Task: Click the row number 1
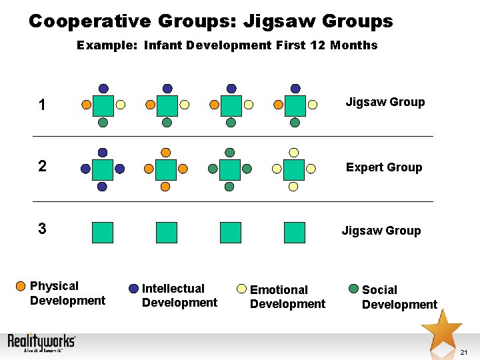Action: (42, 105)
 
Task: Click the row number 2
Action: (42, 166)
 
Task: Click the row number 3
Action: (42, 229)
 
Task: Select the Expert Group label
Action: (383, 167)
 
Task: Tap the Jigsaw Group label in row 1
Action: (385, 102)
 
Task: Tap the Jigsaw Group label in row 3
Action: (381, 231)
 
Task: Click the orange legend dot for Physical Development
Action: (22, 287)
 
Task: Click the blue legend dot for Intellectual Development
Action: (134, 289)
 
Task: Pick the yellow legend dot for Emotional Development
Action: (242, 290)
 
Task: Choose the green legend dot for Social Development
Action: (354, 289)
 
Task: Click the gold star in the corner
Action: (441, 328)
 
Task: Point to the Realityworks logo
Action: (41, 343)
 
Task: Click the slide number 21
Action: (464, 351)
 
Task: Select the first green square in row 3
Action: (103, 232)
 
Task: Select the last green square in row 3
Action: (294, 232)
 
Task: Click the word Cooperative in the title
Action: (90, 21)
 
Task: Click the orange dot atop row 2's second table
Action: (166, 153)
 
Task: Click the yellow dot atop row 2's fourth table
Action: (294, 153)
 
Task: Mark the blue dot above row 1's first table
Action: (103, 88)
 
